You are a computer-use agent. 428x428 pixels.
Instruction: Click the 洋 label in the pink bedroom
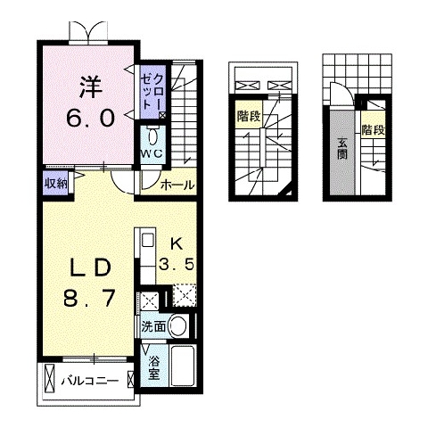[x=91, y=86]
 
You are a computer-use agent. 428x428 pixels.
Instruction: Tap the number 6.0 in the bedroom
[x=90, y=118]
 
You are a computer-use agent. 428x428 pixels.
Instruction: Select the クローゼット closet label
[x=152, y=92]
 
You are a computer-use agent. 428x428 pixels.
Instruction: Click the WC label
[x=152, y=153]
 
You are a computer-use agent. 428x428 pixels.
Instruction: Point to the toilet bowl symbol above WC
[x=152, y=137]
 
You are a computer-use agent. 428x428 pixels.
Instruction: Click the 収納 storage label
[x=55, y=184]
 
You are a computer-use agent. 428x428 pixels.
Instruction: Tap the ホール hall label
[x=177, y=185]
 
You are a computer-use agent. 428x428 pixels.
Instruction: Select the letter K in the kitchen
[x=176, y=244]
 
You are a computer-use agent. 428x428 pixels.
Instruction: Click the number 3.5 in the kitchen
[x=177, y=264]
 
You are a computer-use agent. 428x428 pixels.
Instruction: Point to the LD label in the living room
[x=90, y=267]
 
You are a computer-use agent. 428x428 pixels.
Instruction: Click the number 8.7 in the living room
[x=89, y=298]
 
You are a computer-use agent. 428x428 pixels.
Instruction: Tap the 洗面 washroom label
[x=153, y=327]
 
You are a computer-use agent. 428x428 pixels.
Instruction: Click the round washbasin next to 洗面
[x=179, y=326]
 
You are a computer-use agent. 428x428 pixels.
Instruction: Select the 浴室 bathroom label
[x=154, y=367]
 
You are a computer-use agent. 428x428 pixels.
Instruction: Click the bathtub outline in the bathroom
[x=183, y=366]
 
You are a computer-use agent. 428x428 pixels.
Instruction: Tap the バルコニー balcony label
[x=90, y=381]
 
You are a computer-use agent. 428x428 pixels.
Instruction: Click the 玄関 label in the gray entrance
[x=342, y=149]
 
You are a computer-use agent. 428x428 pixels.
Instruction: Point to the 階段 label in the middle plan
[x=249, y=116]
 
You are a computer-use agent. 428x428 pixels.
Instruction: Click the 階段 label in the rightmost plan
[x=374, y=130]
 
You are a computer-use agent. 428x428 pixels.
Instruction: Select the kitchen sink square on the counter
[x=148, y=241]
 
